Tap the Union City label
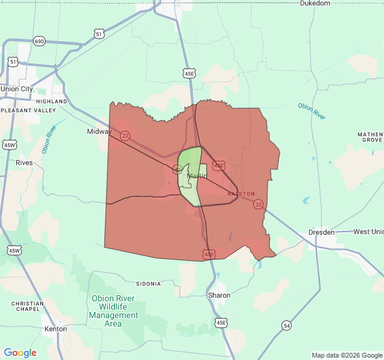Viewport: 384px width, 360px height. pyautogui.click(x=17, y=89)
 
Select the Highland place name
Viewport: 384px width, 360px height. pyautogui.click(x=52, y=101)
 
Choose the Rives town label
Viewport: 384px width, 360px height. pyautogui.click(x=24, y=163)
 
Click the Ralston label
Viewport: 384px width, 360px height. pyautogui.click(x=241, y=194)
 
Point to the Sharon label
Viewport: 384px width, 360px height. pyautogui.click(x=219, y=295)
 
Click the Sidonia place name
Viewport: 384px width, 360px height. pyautogui.click(x=148, y=283)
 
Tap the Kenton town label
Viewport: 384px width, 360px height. pyautogui.click(x=56, y=329)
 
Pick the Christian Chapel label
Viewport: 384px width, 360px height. pyautogui.click(x=27, y=307)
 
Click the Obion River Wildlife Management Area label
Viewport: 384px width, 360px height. pyautogui.click(x=113, y=311)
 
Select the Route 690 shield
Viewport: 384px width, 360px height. pyautogui.click(x=40, y=41)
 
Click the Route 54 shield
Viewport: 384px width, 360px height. pyautogui.click(x=287, y=325)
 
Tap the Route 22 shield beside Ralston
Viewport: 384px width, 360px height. pyautogui.click(x=258, y=205)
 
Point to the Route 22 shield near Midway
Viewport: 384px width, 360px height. pyautogui.click(x=125, y=136)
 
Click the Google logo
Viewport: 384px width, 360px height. pyautogui.click(x=20, y=353)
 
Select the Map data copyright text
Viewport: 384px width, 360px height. pyautogui.click(x=346, y=355)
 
